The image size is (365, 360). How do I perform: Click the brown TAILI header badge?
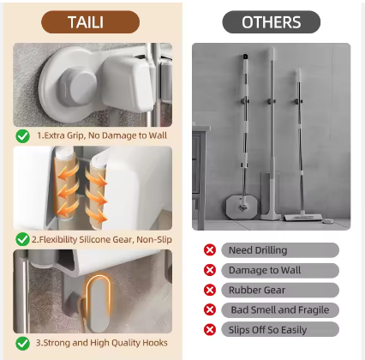[91, 22]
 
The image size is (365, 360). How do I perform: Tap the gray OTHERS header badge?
[272, 22]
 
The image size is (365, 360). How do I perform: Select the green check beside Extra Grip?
[23, 136]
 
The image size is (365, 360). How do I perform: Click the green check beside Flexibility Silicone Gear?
[23, 239]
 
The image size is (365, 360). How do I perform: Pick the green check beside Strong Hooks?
[23, 343]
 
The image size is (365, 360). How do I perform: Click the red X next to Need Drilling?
[210, 250]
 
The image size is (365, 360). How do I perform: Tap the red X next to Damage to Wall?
[210, 270]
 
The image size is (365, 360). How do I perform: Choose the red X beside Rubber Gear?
[210, 290]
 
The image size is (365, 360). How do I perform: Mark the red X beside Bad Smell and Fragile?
[210, 309]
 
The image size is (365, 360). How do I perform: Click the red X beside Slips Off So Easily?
[210, 330]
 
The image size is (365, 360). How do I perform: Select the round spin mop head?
[242, 207]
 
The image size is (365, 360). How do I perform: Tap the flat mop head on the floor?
[302, 218]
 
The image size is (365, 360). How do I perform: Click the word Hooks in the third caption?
[156, 343]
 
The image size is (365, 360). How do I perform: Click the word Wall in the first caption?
[158, 135]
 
